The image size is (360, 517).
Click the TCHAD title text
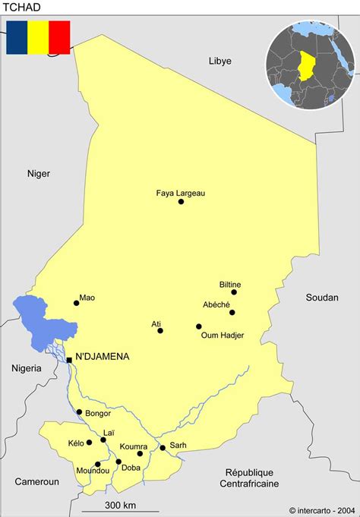(x=21, y=8)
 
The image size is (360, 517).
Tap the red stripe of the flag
(x=59, y=37)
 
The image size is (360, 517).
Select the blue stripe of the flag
(x=17, y=37)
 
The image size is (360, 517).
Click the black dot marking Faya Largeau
(x=181, y=202)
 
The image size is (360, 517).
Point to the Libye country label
(x=220, y=61)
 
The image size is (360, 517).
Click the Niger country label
(x=39, y=173)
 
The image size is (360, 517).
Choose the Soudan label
(x=322, y=298)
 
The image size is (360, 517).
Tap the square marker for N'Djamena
(x=69, y=360)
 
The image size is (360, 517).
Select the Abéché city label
(x=216, y=304)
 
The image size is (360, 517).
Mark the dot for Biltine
(x=234, y=292)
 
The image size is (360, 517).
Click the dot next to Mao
(x=76, y=303)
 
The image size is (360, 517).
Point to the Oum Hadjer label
(x=223, y=335)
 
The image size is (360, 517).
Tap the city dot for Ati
(x=160, y=331)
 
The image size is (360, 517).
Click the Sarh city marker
(x=162, y=448)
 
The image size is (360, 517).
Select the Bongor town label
(x=99, y=414)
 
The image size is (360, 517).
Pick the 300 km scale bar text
(x=120, y=505)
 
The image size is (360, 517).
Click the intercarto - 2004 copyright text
(x=322, y=509)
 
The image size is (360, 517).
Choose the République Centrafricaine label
(x=249, y=478)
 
